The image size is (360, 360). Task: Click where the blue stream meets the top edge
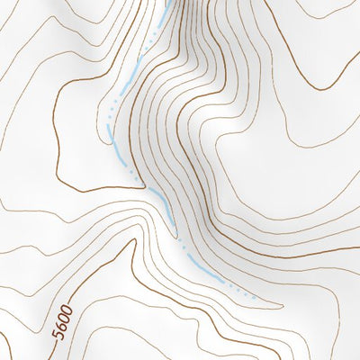[x=166, y=2]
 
